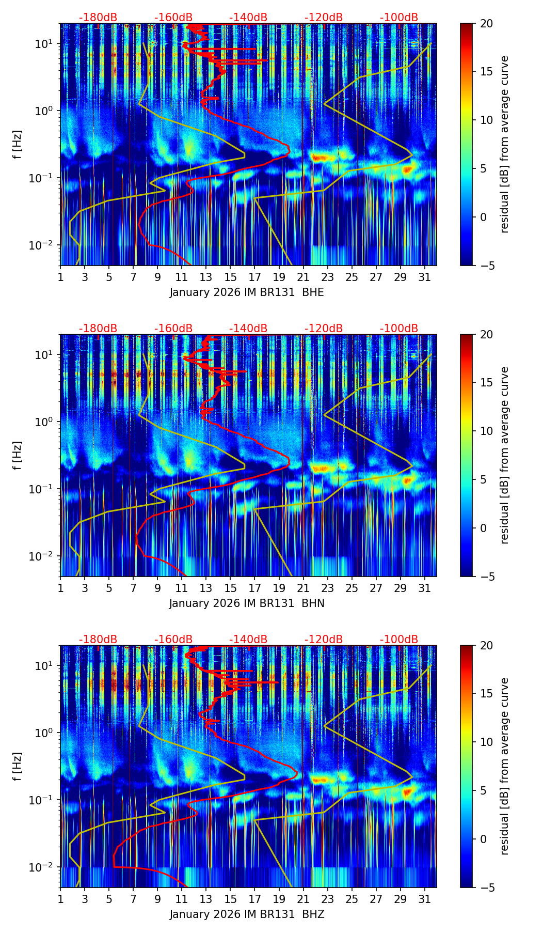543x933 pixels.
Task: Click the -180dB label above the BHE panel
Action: click(98, 18)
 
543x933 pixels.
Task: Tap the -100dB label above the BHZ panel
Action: click(399, 640)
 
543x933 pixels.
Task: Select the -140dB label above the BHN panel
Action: click(248, 329)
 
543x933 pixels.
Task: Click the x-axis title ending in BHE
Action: click(247, 292)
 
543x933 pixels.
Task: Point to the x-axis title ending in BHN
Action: click(247, 603)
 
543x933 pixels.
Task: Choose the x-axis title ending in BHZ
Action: click(247, 914)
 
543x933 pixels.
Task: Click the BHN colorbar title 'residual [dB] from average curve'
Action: click(504, 455)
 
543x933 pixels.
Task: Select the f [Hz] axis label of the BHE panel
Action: click(18, 145)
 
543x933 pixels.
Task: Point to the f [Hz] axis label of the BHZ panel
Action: click(18, 767)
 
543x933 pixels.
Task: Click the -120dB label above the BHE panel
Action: click(324, 18)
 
